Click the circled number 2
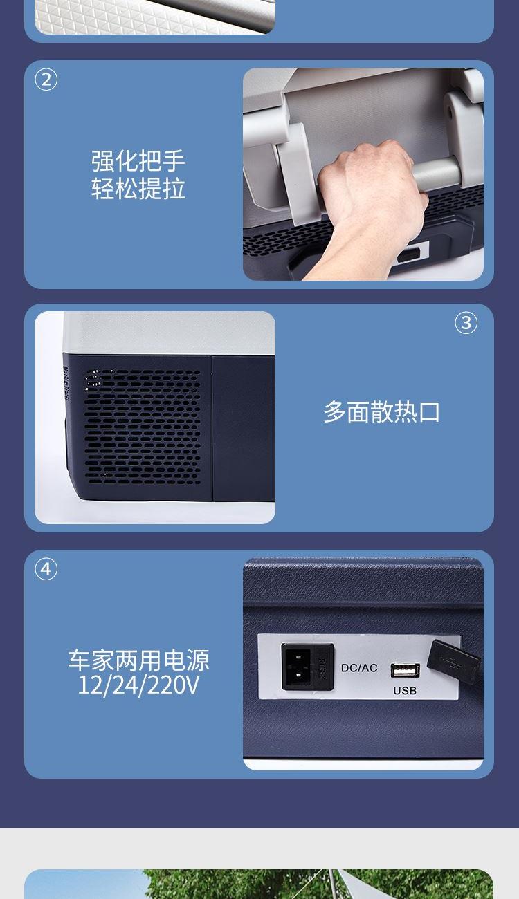[x=46, y=80]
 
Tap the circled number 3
[x=466, y=323]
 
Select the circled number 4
[x=46, y=569]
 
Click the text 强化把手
[x=138, y=160]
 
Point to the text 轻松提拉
[x=138, y=188]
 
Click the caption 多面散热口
[x=381, y=411]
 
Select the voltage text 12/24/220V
[x=138, y=685]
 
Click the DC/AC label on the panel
[x=359, y=668]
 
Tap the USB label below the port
[x=405, y=690]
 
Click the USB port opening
[x=406, y=670]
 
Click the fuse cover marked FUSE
[x=322, y=666]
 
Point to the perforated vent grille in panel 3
[x=143, y=427]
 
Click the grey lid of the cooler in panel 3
[x=169, y=333]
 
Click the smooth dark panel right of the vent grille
[x=244, y=428]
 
